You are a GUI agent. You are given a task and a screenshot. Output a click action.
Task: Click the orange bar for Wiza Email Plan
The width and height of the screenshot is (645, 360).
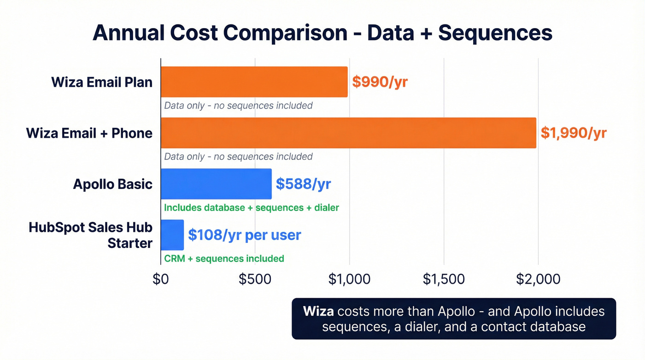tap(254, 82)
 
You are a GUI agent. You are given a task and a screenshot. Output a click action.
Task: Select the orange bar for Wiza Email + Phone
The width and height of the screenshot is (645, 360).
tap(348, 133)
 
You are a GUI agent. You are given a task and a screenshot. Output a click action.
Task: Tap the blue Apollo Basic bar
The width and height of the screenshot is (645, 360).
tap(216, 184)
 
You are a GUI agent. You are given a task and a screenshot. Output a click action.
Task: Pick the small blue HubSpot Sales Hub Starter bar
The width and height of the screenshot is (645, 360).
tap(172, 235)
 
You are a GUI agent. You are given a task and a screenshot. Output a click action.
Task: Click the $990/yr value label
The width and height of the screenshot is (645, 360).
tap(380, 82)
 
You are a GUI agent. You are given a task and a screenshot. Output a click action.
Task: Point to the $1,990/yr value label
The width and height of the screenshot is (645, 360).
tap(574, 133)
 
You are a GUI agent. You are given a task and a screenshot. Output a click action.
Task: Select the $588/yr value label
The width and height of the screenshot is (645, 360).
tap(303, 184)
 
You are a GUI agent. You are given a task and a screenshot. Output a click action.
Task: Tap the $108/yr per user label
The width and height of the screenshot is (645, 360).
tap(244, 235)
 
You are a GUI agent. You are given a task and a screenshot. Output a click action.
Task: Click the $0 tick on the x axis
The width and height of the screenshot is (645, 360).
tap(160, 279)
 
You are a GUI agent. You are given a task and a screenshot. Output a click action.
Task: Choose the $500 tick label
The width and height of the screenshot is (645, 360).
tap(255, 279)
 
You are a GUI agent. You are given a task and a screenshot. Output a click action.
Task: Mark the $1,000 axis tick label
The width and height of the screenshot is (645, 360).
tap(349, 279)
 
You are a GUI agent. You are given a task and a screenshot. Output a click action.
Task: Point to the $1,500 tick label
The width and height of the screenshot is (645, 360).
tap(444, 279)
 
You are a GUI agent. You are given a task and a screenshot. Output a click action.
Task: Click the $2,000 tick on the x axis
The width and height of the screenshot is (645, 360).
tap(538, 279)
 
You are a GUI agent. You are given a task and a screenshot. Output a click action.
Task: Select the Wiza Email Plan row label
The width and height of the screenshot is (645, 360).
tap(102, 82)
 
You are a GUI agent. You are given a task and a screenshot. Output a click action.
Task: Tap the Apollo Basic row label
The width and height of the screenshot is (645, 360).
tap(113, 184)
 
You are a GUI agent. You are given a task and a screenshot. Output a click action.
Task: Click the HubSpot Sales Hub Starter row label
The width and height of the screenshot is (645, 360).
tap(91, 235)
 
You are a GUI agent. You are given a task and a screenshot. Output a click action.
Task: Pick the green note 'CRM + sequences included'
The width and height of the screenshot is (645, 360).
tap(224, 259)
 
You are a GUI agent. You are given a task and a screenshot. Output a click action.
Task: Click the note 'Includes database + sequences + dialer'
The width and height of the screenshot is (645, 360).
tap(252, 208)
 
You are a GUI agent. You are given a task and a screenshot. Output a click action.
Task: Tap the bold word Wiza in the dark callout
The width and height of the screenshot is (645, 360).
tap(318, 311)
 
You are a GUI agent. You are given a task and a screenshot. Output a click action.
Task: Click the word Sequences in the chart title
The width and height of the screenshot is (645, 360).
tap(495, 33)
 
